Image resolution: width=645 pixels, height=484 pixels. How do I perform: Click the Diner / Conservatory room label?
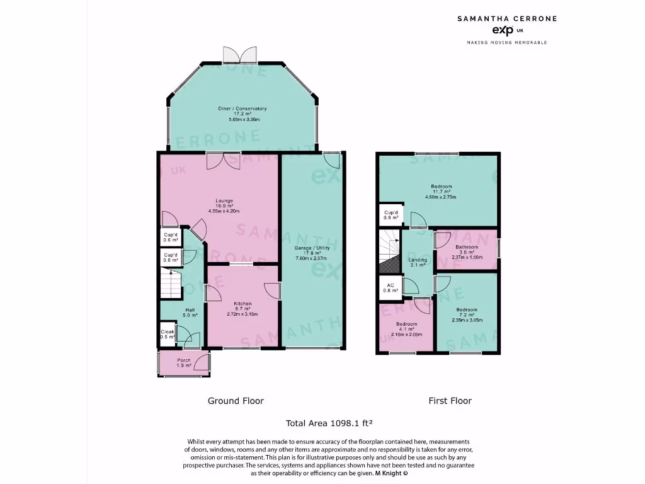tap(243, 109)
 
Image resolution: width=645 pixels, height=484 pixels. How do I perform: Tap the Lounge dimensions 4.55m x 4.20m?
tap(225, 211)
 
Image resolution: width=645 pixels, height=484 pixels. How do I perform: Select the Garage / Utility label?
tap(311, 248)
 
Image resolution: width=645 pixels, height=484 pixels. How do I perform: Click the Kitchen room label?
tap(243, 302)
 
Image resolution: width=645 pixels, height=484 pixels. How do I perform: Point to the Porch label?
tap(184, 360)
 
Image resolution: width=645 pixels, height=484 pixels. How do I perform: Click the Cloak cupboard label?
tap(167, 331)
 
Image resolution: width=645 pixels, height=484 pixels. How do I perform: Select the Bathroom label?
tap(467, 247)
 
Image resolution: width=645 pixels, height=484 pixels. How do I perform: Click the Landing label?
tap(418, 260)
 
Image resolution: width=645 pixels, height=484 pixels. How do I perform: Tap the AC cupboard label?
tap(391, 285)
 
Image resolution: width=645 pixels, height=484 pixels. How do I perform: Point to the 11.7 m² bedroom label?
tap(441, 187)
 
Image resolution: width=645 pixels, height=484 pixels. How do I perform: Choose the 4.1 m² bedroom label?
tap(406, 323)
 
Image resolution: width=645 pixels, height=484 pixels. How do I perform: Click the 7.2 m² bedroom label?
tap(467, 309)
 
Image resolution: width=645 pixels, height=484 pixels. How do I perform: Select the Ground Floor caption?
tap(236, 401)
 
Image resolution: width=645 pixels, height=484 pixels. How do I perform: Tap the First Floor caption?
tap(450, 401)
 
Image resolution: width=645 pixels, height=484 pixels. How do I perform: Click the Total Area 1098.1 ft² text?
tap(331, 423)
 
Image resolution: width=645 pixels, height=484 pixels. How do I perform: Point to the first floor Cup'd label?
tap(391, 213)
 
